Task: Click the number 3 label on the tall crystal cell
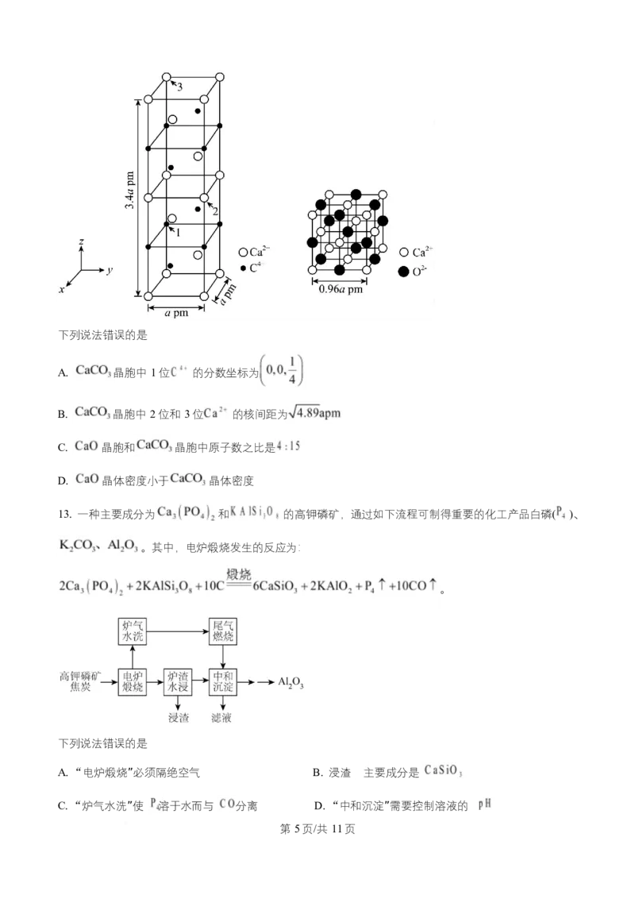(x=180, y=88)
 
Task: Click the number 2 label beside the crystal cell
(x=215, y=211)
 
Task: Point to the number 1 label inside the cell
(x=178, y=233)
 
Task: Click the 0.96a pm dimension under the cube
(x=340, y=289)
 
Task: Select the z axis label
(x=82, y=240)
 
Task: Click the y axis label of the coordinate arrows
(x=110, y=270)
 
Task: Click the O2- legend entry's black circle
(x=403, y=272)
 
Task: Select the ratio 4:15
(x=291, y=446)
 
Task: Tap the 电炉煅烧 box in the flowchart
(x=132, y=681)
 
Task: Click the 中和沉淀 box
(x=222, y=681)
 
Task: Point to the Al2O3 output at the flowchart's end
(x=291, y=682)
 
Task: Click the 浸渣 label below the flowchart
(x=178, y=717)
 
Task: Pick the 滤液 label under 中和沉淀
(x=221, y=717)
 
